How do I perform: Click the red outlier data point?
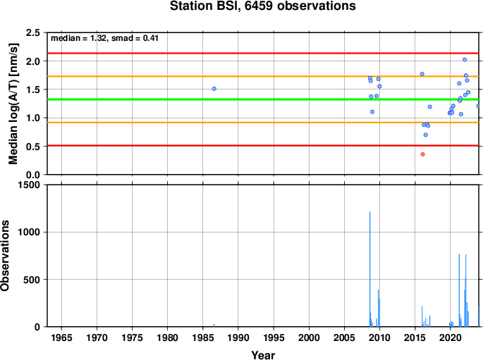coord(422,154)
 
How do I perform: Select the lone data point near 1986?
coord(214,89)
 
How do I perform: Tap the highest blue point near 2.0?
coord(465,60)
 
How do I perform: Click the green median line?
coord(263,99)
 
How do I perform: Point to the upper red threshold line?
coord(263,54)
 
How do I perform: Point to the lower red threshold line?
coord(263,146)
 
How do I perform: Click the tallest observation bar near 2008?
coord(369,269)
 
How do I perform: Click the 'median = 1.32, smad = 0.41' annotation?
coord(104,38)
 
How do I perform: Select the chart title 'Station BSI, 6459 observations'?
coord(263,6)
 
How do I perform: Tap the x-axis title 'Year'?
coord(263,355)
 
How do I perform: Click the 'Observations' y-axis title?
coord(5,256)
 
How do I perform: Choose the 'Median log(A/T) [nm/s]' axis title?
coord(13,104)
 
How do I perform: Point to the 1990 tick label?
coord(238,338)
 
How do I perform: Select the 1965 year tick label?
coord(61,338)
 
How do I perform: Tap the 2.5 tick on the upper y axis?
coord(33,32)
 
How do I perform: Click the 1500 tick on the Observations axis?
coord(29,185)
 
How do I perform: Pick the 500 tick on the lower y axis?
coord(32,280)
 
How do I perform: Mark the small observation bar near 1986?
coord(214,325)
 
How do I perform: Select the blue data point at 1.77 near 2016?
coord(422,74)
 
